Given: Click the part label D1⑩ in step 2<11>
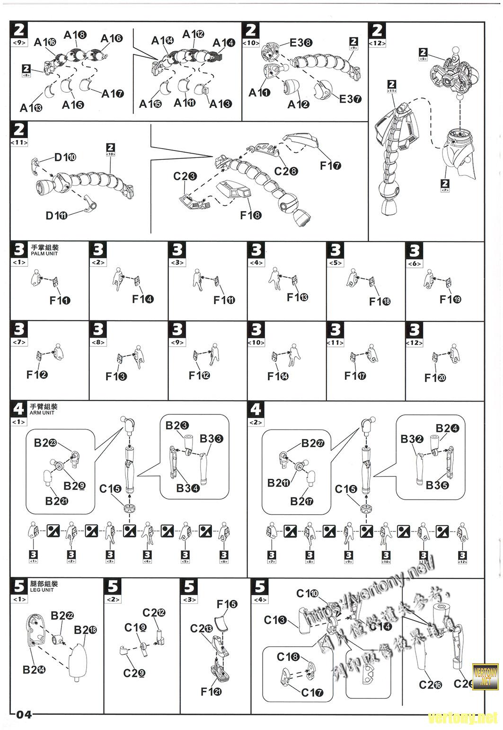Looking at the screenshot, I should [x=65, y=158].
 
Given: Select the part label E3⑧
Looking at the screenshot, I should [x=300, y=43].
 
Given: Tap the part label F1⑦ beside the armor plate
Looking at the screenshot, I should [x=330, y=166].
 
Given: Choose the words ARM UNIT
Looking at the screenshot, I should [x=42, y=413].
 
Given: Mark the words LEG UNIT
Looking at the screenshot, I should [x=42, y=590].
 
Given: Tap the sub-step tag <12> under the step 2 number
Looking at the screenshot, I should [x=377, y=44].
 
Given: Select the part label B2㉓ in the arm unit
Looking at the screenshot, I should [x=45, y=443].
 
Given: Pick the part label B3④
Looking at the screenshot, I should [x=187, y=488].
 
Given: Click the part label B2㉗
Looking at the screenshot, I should [x=313, y=443].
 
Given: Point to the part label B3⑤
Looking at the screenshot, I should [x=437, y=485].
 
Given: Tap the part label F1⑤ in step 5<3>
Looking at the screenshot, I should [x=227, y=604].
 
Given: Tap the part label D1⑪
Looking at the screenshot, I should [x=57, y=216].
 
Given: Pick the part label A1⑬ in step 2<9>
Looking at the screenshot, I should [x=31, y=108].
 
